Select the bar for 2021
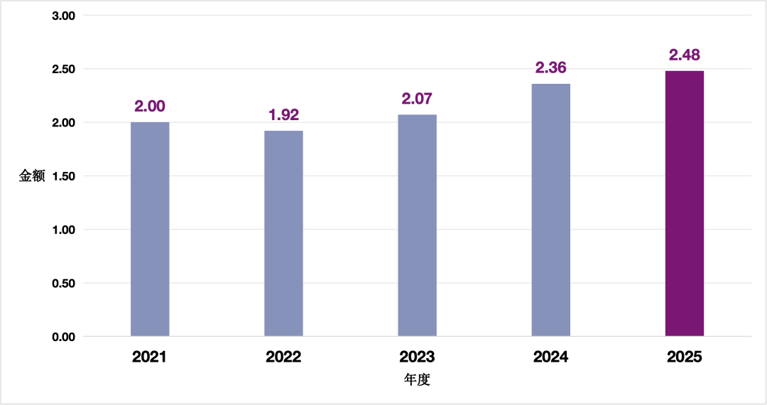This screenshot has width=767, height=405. (150, 229)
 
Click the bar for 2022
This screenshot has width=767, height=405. (283, 233)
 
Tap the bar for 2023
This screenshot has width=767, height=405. (418, 225)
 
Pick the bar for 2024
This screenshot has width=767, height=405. (551, 210)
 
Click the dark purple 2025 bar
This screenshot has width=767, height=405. (685, 203)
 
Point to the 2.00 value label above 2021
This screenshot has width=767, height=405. (150, 106)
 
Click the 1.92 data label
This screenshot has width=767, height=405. (283, 114)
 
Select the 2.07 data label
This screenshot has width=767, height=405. (418, 99)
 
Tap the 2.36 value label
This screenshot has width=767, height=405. (551, 67)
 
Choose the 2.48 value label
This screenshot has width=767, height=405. (685, 55)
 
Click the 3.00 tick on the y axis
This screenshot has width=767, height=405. (64, 16)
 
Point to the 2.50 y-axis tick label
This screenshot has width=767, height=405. (64, 70)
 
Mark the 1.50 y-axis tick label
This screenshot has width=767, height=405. (64, 177)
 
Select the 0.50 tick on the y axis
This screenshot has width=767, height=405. (64, 283)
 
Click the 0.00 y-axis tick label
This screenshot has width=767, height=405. (64, 337)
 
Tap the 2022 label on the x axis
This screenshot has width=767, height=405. (283, 357)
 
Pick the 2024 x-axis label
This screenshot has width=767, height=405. (551, 357)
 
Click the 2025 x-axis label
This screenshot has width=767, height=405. (685, 357)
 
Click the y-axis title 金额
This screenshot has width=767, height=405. (32, 176)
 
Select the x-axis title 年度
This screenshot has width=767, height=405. (418, 379)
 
